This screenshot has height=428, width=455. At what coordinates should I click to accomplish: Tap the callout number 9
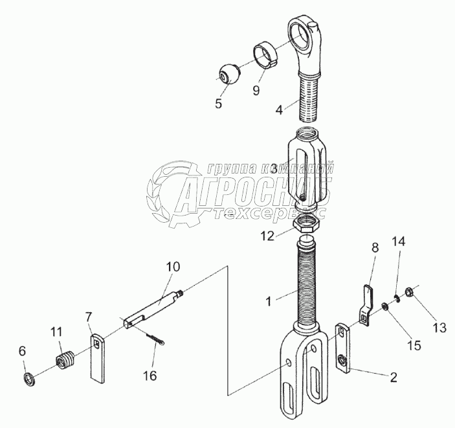pos(256,91)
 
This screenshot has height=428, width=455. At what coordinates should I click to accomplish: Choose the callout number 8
pos(374,248)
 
